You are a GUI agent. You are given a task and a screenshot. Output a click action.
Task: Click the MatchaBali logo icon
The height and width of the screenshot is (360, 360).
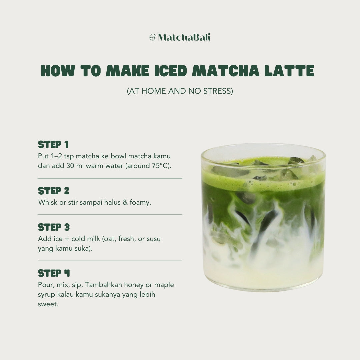tap(153, 37)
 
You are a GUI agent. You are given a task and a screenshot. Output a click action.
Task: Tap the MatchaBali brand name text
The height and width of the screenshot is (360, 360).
tap(184, 37)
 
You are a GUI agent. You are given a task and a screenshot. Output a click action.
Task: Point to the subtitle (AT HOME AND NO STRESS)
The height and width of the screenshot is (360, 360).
tap(180, 91)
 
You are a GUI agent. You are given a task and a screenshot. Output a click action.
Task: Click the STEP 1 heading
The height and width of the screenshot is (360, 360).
tap(53, 145)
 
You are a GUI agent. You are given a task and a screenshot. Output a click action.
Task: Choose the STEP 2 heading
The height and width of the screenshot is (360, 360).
tap(54, 191)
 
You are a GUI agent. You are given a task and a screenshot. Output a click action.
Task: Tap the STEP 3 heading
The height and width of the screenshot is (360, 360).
tap(54, 227)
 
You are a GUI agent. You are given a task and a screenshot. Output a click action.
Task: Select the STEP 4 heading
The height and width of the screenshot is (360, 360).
tap(54, 273)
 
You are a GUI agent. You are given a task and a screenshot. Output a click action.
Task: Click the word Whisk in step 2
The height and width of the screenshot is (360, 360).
tap(48, 202)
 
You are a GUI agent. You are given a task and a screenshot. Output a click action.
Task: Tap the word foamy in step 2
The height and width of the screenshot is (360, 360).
tap(140, 202)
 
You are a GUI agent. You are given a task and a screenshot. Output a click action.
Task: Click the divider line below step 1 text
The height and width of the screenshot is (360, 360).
tap(110, 178)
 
